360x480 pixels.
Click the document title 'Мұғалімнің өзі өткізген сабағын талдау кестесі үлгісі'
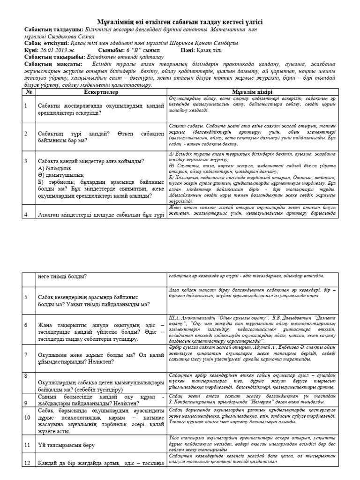pos(180,22)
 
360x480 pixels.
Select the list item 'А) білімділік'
pos(55,167)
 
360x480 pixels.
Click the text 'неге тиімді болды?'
pos(62,277)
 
